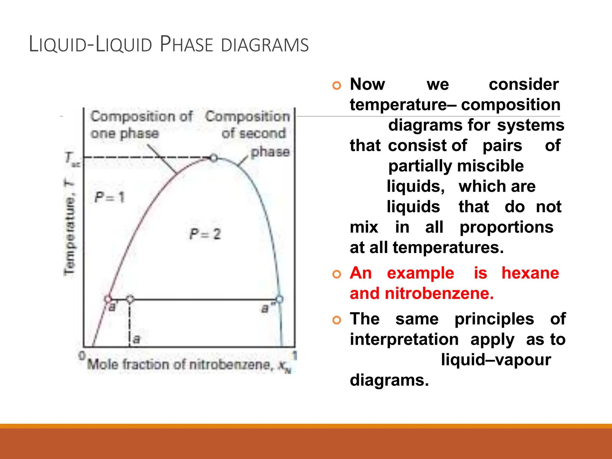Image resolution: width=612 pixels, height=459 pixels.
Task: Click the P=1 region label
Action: [109, 198]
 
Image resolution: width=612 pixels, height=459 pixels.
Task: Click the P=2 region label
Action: [205, 234]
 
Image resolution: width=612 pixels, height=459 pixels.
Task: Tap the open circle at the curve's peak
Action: [214, 157]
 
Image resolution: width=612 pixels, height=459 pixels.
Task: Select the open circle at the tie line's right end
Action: [279, 299]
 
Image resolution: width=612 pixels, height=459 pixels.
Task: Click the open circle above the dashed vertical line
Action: [130, 299]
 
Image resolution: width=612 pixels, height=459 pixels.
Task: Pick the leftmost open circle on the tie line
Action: [108, 299]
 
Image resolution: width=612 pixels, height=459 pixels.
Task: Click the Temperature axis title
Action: [69, 227]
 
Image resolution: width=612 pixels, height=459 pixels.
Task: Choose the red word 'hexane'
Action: [530, 273]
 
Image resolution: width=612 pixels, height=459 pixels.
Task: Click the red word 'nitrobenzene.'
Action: [439, 293]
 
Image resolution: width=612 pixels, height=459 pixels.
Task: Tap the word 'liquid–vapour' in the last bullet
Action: [496, 360]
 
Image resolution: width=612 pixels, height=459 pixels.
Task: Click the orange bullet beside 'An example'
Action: [337, 274]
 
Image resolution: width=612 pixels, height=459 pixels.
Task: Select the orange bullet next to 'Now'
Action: [337, 85]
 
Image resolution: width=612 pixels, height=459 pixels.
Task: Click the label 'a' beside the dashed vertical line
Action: [136, 339]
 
